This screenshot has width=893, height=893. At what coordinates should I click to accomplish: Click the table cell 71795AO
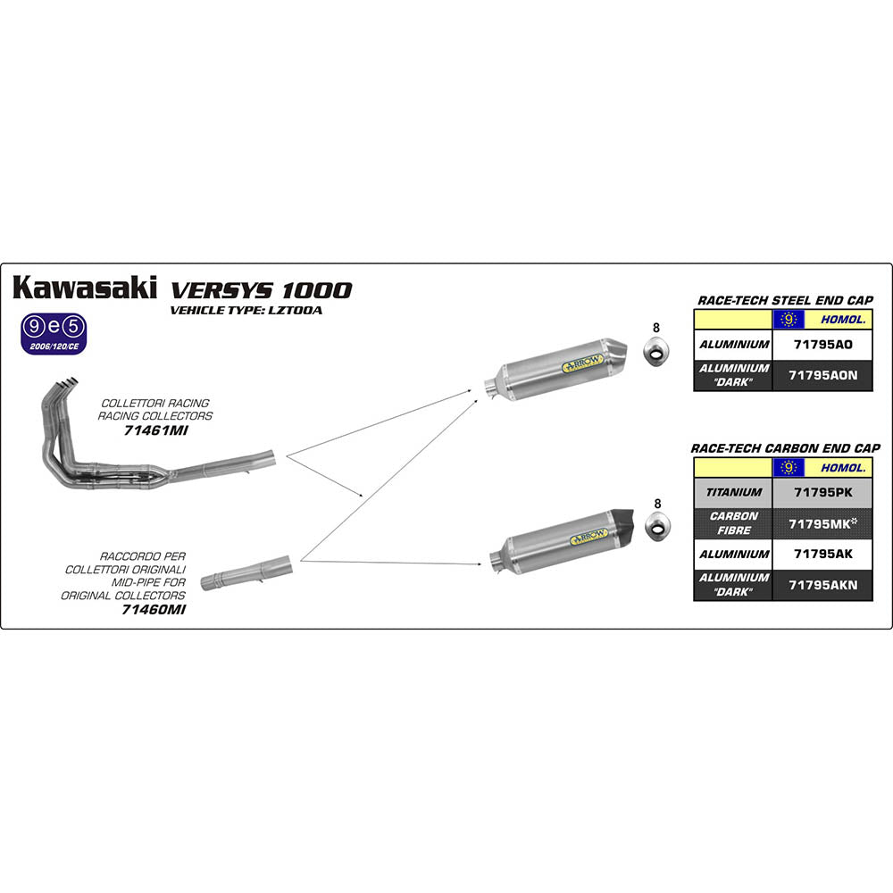(x=822, y=344)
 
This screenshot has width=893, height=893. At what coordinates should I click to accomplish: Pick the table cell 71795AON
(x=822, y=375)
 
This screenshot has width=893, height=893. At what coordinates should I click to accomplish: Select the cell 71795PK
(x=822, y=492)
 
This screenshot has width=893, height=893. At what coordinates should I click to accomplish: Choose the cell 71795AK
(x=822, y=554)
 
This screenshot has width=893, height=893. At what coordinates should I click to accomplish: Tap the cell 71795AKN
(x=822, y=585)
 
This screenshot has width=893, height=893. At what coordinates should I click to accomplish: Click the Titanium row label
(x=733, y=492)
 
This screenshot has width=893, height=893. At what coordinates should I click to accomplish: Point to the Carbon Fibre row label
(x=733, y=522)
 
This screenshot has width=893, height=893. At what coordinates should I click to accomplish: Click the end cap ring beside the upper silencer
(x=657, y=354)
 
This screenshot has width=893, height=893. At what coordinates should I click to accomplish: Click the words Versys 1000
(x=261, y=289)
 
